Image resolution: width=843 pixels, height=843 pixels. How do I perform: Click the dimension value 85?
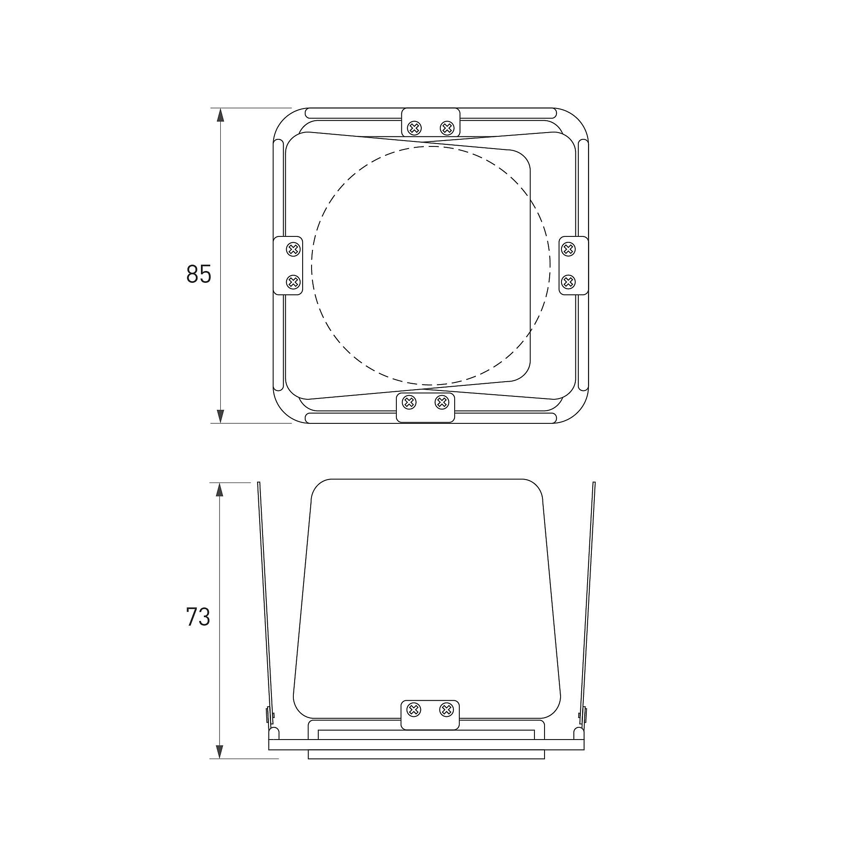click(198, 274)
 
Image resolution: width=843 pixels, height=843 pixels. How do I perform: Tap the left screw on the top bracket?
click(414, 128)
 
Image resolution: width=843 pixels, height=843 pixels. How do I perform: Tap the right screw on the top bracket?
click(447, 128)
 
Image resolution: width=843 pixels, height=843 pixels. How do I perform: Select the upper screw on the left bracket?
click(293, 249)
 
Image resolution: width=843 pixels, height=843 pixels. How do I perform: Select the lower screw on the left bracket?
click(293, 282)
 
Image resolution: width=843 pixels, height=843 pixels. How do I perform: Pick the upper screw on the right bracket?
click(568, 249)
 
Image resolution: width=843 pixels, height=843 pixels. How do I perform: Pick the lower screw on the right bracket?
click(568, 282)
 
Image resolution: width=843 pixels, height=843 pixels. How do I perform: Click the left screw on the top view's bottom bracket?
click(409, 402)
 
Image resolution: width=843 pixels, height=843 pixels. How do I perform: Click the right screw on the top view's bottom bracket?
click(442, 402)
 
